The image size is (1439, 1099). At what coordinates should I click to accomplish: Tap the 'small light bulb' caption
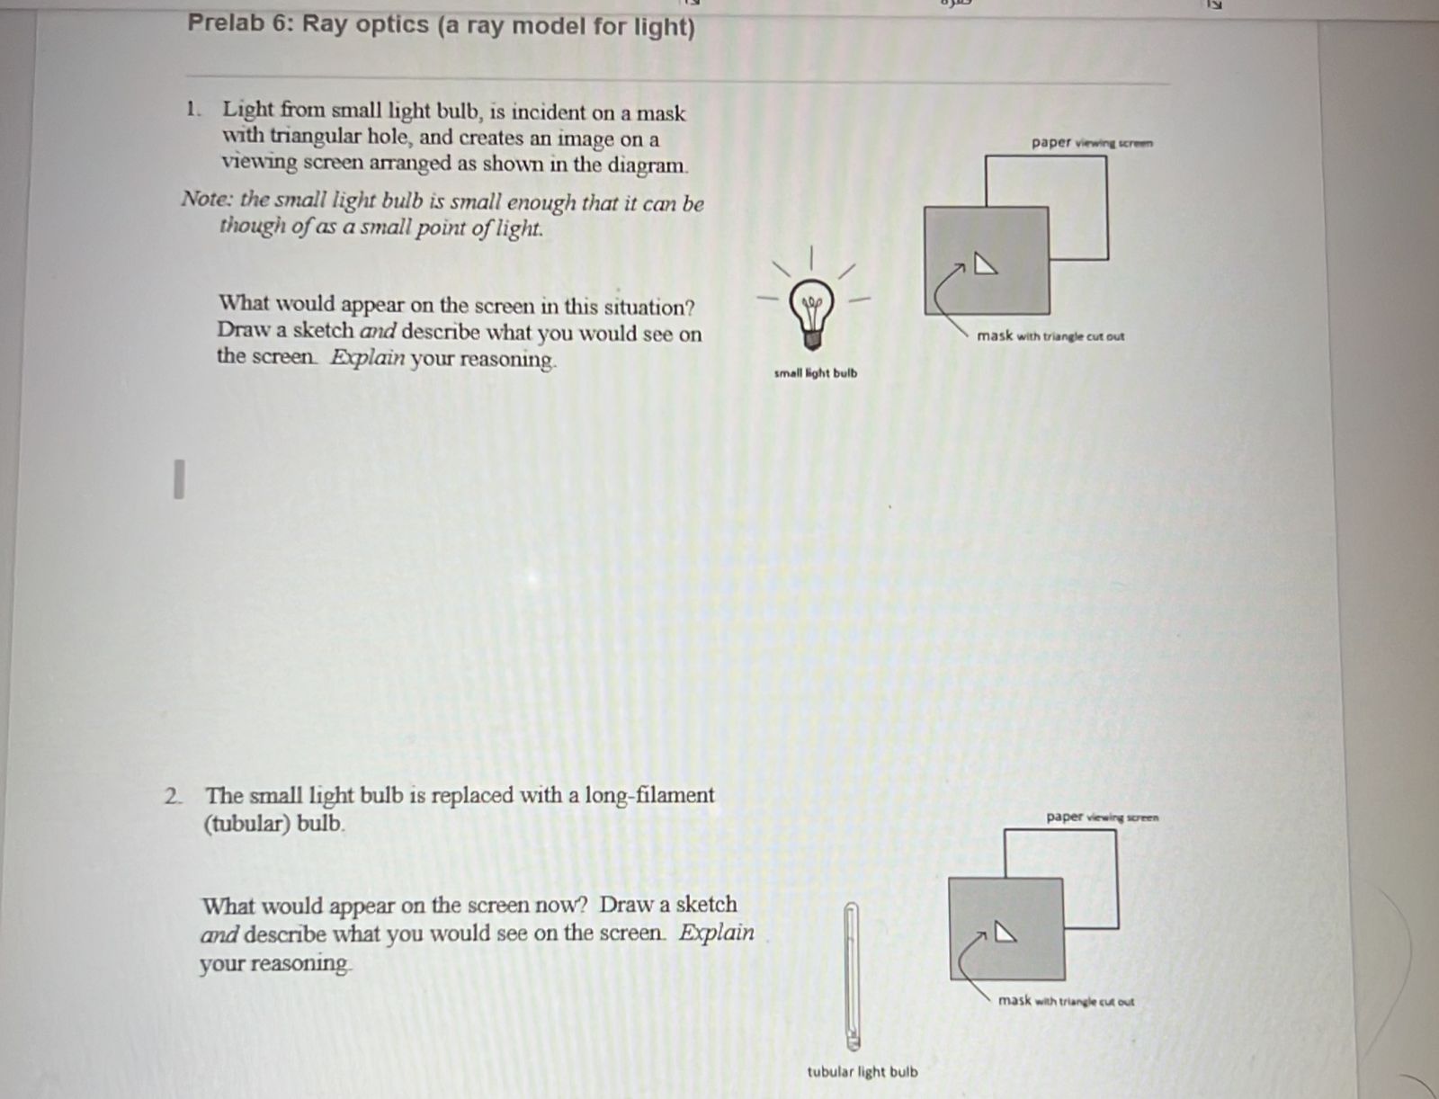[816, 373]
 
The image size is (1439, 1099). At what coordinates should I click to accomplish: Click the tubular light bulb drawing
[852, 976]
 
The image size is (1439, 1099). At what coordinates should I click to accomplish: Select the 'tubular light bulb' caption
[863, 1072]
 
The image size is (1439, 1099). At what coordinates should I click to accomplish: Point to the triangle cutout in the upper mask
[986, 265]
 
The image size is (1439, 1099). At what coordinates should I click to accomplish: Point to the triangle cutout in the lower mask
[1005, 933]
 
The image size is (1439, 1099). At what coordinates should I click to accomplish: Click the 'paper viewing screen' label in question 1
[1092, 142]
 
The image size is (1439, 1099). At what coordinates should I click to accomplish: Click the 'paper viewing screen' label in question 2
[1103, 818]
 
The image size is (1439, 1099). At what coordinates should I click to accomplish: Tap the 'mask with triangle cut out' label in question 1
[1050, 336]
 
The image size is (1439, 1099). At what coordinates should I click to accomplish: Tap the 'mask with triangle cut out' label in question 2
[1067, 1001]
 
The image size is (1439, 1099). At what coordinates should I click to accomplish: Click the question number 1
[192, 110]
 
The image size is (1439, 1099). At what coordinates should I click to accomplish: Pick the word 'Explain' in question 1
[367, 357]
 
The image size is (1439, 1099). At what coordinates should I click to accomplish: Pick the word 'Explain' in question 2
[716, 933]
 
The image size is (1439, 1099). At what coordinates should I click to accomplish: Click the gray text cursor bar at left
[179, 478]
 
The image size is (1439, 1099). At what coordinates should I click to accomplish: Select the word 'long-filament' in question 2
[649, 795]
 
